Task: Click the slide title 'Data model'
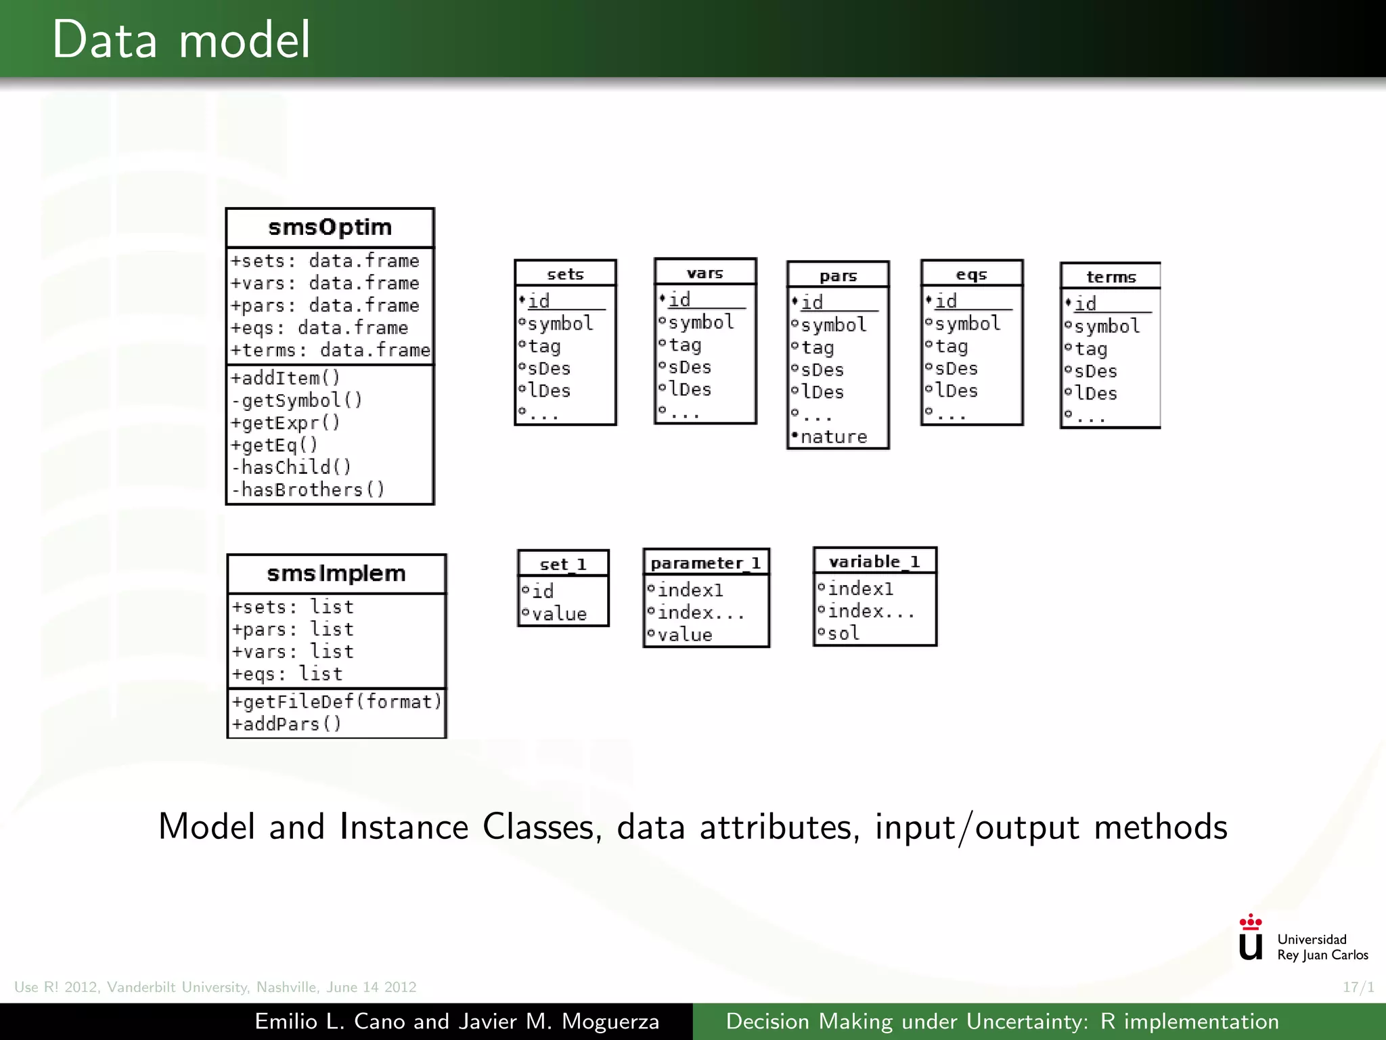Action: (x=181, y=40)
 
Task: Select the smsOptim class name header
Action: (x=330, y=227)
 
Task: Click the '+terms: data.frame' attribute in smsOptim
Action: (x=330, y=350)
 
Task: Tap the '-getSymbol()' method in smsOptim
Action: (x=297, y=401)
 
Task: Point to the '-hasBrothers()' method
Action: (x=309, y=490)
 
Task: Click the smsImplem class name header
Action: (x=336, y=573)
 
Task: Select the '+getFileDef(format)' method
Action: (x=336, y=701)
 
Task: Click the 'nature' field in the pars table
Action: (x=834, y=437)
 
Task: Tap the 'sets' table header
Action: (x=565, y=274)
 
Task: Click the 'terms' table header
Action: (x=1111, y=277)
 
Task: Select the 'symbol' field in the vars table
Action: (x=701, y=322)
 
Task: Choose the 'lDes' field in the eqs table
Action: (x=956, y=391)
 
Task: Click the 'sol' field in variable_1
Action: (x=843, y=634)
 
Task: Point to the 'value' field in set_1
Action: (x=559, y=614)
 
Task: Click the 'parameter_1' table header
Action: (x=706, y=563)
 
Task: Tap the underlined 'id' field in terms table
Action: (x=1086, y=303)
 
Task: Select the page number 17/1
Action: (x=1358, y=987)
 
